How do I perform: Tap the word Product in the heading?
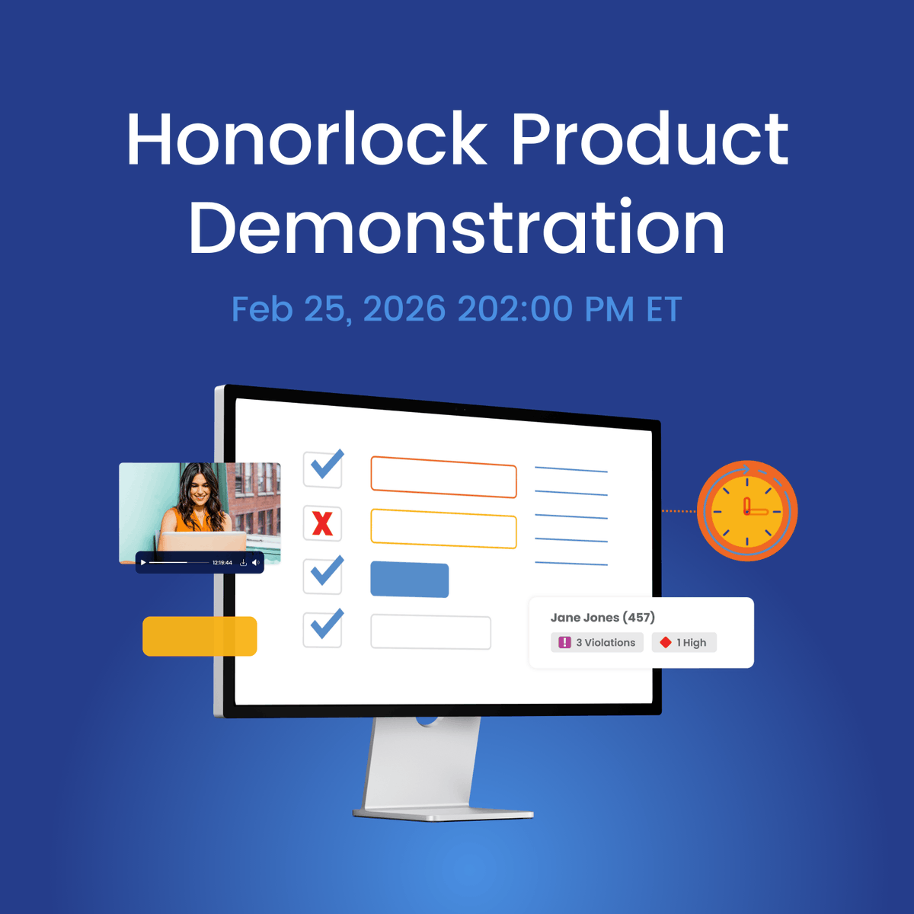(650, 139)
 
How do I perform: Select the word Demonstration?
(456, 228)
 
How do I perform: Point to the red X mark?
(322, 524)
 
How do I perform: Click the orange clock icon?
(747, 510)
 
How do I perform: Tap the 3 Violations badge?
(597, 643)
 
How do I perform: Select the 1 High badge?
(684, 643)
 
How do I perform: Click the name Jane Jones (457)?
(602, 618)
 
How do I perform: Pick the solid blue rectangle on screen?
(409, 580)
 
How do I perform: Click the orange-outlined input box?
(443, 477)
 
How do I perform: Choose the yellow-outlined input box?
(443, 529)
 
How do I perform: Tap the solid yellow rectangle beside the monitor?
(200, 636)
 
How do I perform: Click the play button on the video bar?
(143, 563)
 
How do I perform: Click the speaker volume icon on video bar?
(256, 563)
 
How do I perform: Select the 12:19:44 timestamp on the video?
(222, 563)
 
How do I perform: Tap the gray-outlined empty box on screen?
(430, 632)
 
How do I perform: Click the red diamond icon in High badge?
(665, 643)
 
